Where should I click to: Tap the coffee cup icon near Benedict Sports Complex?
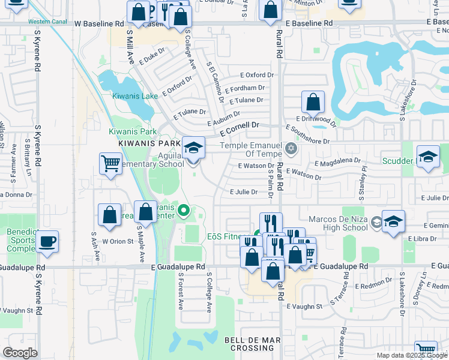47,242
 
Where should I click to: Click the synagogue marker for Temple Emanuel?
292,148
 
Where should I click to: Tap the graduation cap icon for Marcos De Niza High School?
393,221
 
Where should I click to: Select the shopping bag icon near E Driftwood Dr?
313,102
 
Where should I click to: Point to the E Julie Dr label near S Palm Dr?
244,193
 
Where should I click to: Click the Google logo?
20,352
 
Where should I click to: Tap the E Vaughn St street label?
304,306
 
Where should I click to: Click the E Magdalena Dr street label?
338,161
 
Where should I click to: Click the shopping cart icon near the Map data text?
426,350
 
